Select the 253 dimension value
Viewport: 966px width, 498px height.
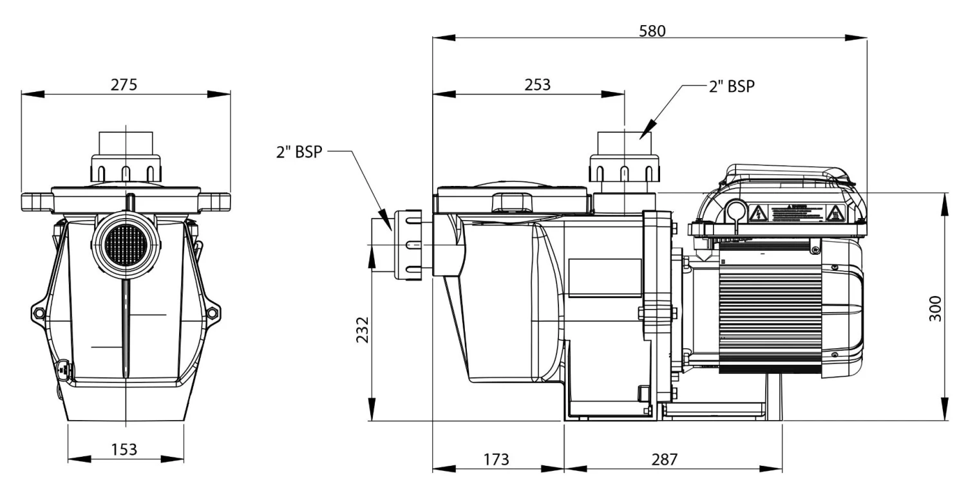coord(538,85)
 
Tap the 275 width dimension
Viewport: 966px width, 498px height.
coord(124,85)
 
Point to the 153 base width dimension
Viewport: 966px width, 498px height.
coord(124,448)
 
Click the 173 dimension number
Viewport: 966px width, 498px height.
coord(495,459)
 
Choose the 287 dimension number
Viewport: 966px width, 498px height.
coord(664,459)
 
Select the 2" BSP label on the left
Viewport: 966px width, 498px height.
coord(298,152)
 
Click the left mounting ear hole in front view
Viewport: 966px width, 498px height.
coord(40,313)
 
